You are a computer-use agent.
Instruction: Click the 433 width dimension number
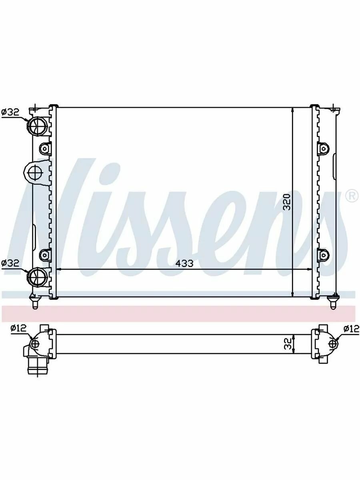tap(185, 264)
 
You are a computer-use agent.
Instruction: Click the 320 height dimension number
tap(287, 202)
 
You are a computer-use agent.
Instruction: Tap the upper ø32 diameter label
tap(10, 112)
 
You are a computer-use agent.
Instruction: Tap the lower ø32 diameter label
tap(10, 263)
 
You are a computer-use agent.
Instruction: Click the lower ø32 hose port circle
tap(37, 278)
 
